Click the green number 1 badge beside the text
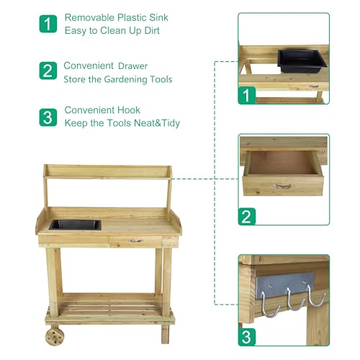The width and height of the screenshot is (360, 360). pos(48,23)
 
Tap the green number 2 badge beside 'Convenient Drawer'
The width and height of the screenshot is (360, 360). pos(48,71)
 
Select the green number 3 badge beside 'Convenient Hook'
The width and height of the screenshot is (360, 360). pos(48,117)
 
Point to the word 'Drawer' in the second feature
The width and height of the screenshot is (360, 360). pos(134,66)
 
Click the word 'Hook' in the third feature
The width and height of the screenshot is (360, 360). pos(128,110)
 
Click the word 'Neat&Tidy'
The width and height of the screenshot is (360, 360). pos(155,123)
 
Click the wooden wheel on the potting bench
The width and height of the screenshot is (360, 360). pos(54,336)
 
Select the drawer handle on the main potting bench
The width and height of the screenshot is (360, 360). pos(136,240)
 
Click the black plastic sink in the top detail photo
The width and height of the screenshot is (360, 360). pos(299,60)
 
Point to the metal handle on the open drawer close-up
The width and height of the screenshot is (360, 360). pos(283,186)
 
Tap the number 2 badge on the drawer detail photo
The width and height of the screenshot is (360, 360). pos(247,216)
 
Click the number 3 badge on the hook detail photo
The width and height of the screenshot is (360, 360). pos(247,337)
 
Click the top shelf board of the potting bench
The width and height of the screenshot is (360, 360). pos(108,171)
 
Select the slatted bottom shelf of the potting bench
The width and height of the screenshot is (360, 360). pos(110,308)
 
